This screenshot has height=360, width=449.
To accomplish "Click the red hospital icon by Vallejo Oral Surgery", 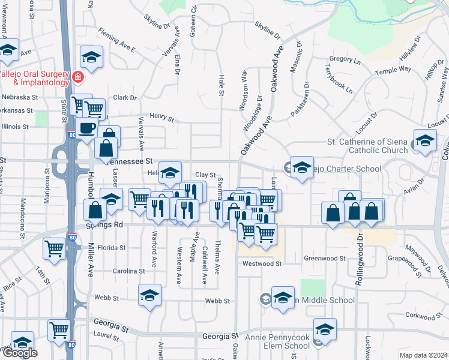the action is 78,77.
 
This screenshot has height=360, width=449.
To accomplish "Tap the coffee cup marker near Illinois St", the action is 86,128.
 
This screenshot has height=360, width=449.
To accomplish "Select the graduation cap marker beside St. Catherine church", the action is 425,140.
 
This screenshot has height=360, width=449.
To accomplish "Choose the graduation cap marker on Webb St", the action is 149,295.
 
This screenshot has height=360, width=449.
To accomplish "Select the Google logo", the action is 19,353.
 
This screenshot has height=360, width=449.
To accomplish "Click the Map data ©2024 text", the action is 423,355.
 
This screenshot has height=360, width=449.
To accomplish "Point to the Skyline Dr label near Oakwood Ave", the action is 267,28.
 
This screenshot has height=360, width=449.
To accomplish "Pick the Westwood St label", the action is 262,263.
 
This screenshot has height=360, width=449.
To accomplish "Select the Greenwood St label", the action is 325,259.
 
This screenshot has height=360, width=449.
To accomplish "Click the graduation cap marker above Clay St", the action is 170,173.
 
